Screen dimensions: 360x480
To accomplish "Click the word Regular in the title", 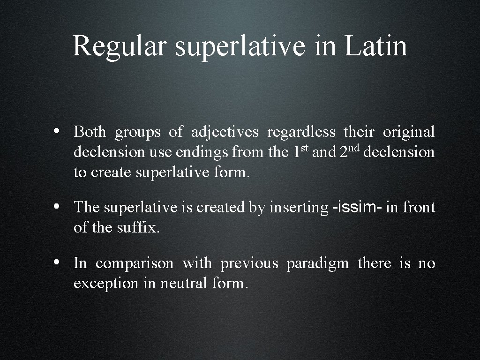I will tap(119, 46).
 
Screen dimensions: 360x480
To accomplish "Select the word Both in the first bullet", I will tap(90, 132).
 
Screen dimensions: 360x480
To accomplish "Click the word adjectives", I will tap(225, 133).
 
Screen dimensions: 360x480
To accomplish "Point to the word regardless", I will tap(301, 133).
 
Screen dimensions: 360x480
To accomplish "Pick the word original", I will tap(409, 133).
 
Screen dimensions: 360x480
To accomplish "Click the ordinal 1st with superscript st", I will tap(300, 151).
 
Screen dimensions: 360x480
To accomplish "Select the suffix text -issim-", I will tap(357, 207).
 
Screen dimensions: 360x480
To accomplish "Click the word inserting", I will tap(299, 208).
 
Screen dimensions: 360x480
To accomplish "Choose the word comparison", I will tap(135, 264).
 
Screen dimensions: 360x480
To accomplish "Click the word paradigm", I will tap(317, 264).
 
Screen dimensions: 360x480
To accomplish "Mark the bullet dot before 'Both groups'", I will tap(56, 131).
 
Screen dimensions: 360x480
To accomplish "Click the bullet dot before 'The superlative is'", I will tap(56, 206).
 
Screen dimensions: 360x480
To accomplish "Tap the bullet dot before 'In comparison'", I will tap(56, 262).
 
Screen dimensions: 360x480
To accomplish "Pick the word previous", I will tap(249, 264).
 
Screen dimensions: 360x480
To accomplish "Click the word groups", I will tap(138, 133).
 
